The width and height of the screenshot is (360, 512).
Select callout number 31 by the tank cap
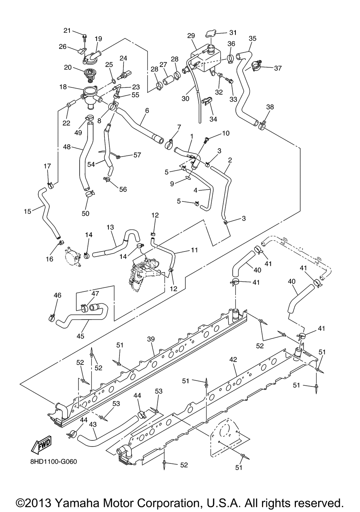233,32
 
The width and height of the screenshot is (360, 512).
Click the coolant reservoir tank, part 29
204,61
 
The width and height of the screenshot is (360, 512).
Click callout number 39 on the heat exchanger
150,339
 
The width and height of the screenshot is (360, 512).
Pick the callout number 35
252,38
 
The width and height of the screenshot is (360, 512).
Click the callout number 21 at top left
67,31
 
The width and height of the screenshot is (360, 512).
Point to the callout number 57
137,155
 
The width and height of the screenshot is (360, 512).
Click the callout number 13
110,227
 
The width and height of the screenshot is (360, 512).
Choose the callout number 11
194,250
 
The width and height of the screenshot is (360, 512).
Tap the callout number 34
213,119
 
